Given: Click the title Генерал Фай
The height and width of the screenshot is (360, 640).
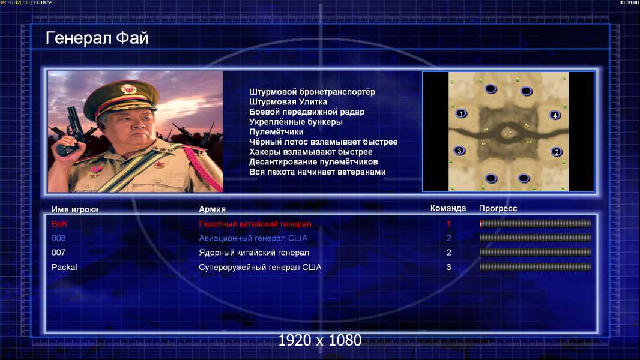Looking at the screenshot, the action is pyautogui.click(x=97, y=38).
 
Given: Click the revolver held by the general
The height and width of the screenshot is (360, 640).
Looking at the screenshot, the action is pyautogui.click(x=71, y=130).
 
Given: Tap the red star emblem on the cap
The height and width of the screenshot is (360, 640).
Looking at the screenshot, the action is pyautogui.click(x=128, y=88).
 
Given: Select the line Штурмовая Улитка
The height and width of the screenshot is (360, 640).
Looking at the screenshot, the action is pyautogui.click(x=288, y=102).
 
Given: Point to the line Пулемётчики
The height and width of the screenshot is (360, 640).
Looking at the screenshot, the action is pyautogui.click(x=276, y=131).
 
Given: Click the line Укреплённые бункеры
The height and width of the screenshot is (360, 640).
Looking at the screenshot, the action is pyautogui.click(x=296, y=122).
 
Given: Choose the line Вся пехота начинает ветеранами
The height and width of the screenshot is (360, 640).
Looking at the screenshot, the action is pyautogui.click(x=318, y=172).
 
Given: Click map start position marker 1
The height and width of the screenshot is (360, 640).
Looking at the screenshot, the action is pyautogui.click(x=461, y=113).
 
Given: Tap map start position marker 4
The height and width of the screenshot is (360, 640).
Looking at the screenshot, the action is pyautogui.click(x=555, y=115).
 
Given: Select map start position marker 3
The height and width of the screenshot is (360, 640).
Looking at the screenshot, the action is pyautogui.click(x=460, y=151).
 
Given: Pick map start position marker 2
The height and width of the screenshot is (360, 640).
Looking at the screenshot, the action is pyautogui.click(x=557, y=152).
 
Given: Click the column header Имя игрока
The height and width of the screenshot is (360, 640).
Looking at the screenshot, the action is pyautogui.click(x=75, y=209).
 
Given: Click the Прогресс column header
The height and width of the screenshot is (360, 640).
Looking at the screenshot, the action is pyautogui.click(x=498, y=208).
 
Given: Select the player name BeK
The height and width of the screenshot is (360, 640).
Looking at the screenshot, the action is pyautogui.click(x=59, y=224).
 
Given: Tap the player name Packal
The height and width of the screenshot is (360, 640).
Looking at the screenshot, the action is pyautogui.click(x=64, y=267).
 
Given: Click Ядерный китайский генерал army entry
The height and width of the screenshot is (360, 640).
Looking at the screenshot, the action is pyautogui.click(x=254, y=253).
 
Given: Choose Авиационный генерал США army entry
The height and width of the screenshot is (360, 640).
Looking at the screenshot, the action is pyautogui.click(x=253, y=238).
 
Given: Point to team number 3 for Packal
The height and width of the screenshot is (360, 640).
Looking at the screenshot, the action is pyautogui.click(x=448, y=267).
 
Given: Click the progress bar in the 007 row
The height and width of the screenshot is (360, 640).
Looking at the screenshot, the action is pyautogui.click(x=536, y=253).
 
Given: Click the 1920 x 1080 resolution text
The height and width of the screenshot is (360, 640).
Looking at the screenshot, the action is pyautogui.click(x=320, y=340).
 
